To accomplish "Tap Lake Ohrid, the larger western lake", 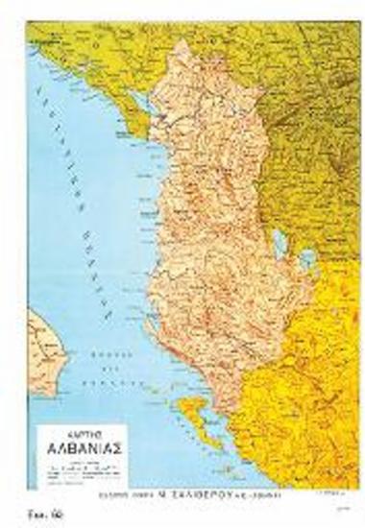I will (x=279, y=240).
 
